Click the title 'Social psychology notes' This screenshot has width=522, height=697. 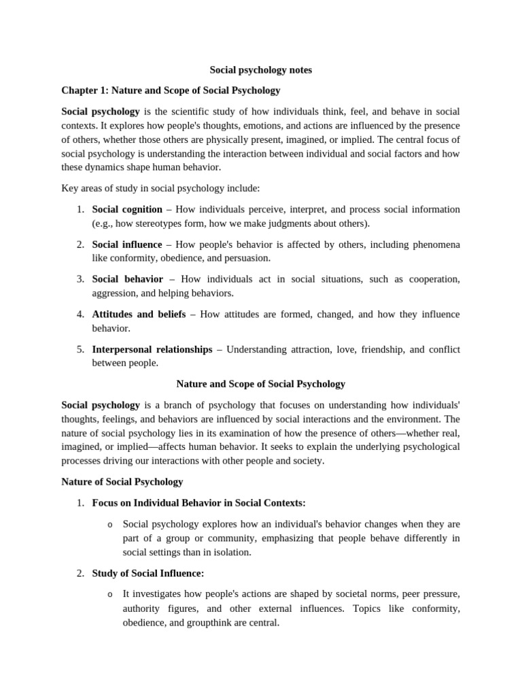click(x=260, y=70)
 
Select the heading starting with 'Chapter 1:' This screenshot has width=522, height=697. click(x=171, y=90)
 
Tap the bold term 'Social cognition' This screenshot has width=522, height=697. click(x=127, y=209)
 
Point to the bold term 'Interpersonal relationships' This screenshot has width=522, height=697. click(x=152, y=349)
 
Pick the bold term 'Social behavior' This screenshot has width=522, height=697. click(x=128, y=279)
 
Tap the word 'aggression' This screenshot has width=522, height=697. click(x=115, y=293)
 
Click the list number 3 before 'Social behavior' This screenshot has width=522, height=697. click(x=80, y=279)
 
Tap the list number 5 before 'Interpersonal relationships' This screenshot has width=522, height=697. click(x=80, y=349)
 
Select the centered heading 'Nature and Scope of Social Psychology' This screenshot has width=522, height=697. click(x=260, y=384)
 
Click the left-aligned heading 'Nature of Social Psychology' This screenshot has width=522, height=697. click(x=122, y=482)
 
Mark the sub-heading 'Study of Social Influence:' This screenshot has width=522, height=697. click(x=148, y=573)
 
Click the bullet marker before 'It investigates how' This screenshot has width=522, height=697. click(x=110, y=595)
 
